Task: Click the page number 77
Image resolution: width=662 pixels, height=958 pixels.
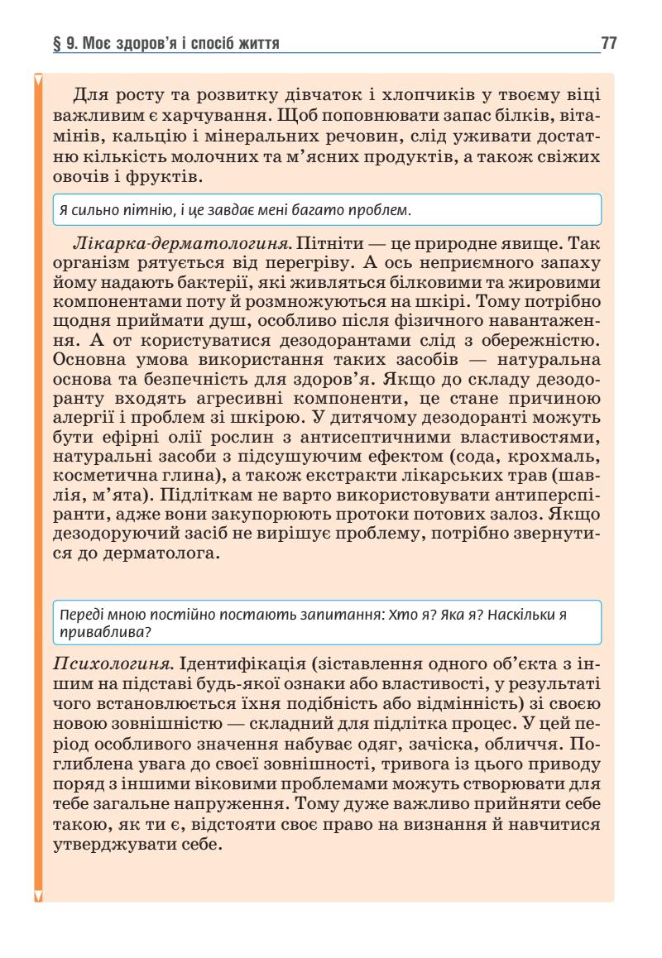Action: click(x=608, y=43)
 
